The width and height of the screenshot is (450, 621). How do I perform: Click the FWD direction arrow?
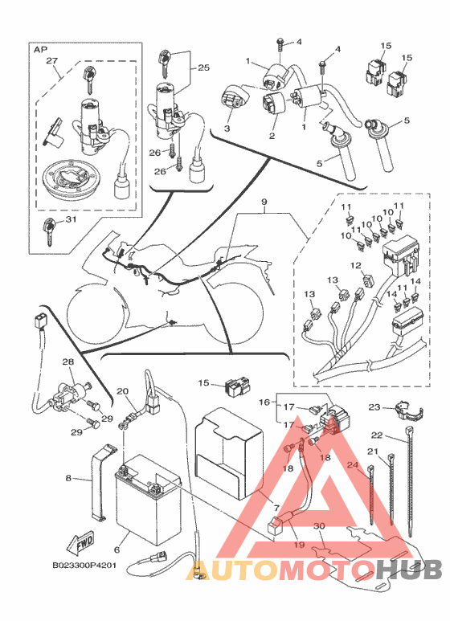pyautogui.click(x=80, y=543)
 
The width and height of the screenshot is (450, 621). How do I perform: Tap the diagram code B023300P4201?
pyautogui.click(x=84, y=565)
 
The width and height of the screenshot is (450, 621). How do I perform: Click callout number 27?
pyautogui.click(x=52, y=61)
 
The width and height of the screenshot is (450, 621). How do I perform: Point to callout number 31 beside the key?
pyautogui.click(x=71, y=219)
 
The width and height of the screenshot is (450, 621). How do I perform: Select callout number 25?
pyautogui.click(x=203, y=67)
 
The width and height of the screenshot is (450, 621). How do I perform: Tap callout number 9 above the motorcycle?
pyautogui.click(x=264, y=202)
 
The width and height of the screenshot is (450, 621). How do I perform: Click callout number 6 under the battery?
pyautogui.click(x=117, y=550)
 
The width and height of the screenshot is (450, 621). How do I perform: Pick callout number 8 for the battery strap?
pyautogui.click(x=68, y=479)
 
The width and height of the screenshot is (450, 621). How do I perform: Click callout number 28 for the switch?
pyautogui.click(x=68, y=362)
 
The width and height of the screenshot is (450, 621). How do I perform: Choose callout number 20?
pyautogui.click(x=123, y=391)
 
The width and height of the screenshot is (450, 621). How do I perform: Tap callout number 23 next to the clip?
pyautogui.click(x=374, y=407)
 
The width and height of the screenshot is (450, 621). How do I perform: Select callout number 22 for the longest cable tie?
pyautogui.click(x=377, y=435)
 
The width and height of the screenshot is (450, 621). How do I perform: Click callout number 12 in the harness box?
pyautogui.click(x=356, y=265)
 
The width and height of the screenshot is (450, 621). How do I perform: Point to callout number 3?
pyautogui.click(x=227, y=129)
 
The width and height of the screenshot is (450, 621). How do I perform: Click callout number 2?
pyautogui.click(x=272, y=137)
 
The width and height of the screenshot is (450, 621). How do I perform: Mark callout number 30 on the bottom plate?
pyautogui.click(x=319, y=526)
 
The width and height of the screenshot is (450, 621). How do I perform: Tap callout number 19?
pyautogui.click(x=300, y=545)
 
